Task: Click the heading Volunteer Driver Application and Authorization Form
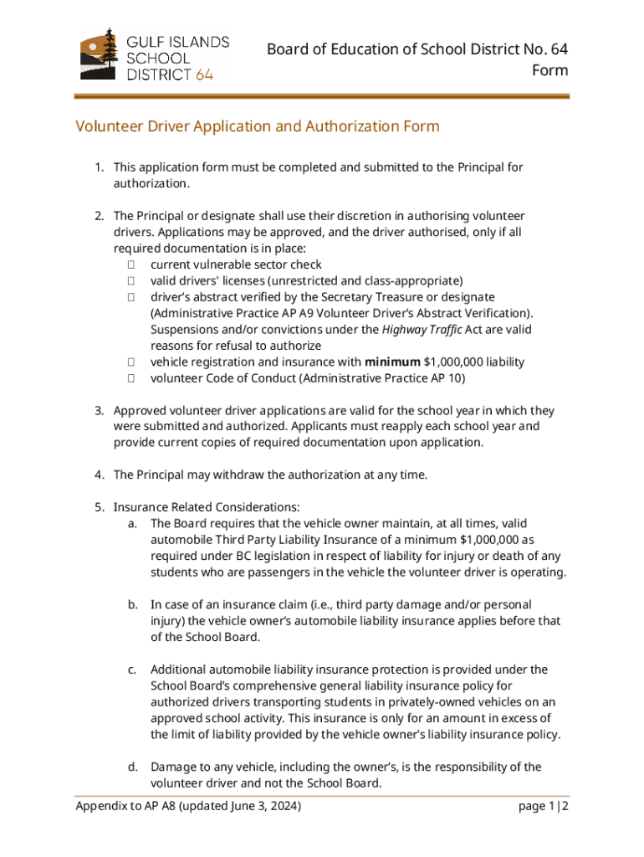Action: pos(258,126)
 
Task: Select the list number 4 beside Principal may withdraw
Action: pos(99,475)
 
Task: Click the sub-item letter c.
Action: pos(132,670)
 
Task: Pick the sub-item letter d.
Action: pos(132,767)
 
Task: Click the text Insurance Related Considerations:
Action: pos(207,507)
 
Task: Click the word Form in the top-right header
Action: pos(549,70)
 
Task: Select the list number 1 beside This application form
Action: pos(99,167)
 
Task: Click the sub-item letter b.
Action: pos(132,604)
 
